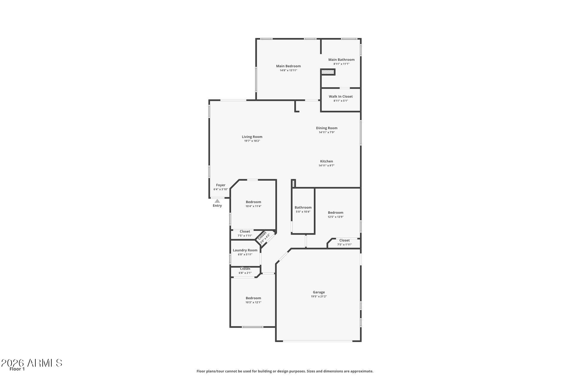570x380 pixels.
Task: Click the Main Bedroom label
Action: pyautogui.click(x=288, y=66)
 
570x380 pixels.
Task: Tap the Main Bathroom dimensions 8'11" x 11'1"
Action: pyautogui.click(x=341, y=64)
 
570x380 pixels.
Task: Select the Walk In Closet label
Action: pyautogui.click(x=341, y=96)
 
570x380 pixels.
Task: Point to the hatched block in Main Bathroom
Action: pyautogui.click(x=328, y=72)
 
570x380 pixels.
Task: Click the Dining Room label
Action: pyautogui.click(x=327, y=128)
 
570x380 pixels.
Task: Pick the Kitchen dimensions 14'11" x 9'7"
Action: pyautogui.click(x=326, y=166)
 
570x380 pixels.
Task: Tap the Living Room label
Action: pyautogui.click(x=252, y=137)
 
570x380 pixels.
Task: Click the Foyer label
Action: pyautogui.click(x=221, y=185)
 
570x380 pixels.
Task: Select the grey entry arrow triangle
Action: pyautogui.click(x=217, y=201)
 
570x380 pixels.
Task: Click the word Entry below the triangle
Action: pyautogui.click(x=217, y=205)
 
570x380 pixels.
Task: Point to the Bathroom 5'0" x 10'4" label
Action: pyautogui.click(x=303, y=208)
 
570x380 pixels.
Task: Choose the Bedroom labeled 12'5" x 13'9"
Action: pyautogui.click(x=335, y=213)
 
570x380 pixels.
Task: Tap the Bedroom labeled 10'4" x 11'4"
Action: pyautogui.click(x=253, y=202)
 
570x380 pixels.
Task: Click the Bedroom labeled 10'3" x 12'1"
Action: pyautogui.click(x=253, y=298)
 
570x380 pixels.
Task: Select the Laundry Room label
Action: pyautogui.click(x=245, y=250)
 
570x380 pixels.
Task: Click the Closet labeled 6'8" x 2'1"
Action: pyautogui.click(x=245, y=269)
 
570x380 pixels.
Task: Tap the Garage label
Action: pyautogui.click(x=319, y=292)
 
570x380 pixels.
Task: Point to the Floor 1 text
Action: pyautogui.click(x=17, y=369)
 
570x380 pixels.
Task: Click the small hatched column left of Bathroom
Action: pyautogui.click(x=293, y=183)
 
